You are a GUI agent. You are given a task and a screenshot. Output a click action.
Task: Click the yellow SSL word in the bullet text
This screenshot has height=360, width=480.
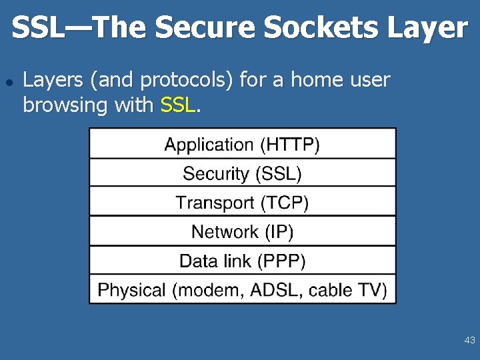178,105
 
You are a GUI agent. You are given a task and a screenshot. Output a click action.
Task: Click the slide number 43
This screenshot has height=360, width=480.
469,341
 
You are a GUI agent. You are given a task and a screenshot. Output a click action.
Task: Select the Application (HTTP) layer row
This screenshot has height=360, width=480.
242,144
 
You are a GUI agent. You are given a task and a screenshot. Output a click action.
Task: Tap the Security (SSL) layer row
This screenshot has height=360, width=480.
242,173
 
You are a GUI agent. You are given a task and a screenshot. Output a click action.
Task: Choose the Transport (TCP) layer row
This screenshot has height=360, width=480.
242,202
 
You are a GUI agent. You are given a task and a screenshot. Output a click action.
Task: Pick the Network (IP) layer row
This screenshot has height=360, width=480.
242,231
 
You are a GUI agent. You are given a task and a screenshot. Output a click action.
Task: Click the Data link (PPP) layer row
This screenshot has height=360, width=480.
242,261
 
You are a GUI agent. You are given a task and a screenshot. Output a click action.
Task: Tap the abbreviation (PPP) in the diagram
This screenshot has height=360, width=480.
280,261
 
